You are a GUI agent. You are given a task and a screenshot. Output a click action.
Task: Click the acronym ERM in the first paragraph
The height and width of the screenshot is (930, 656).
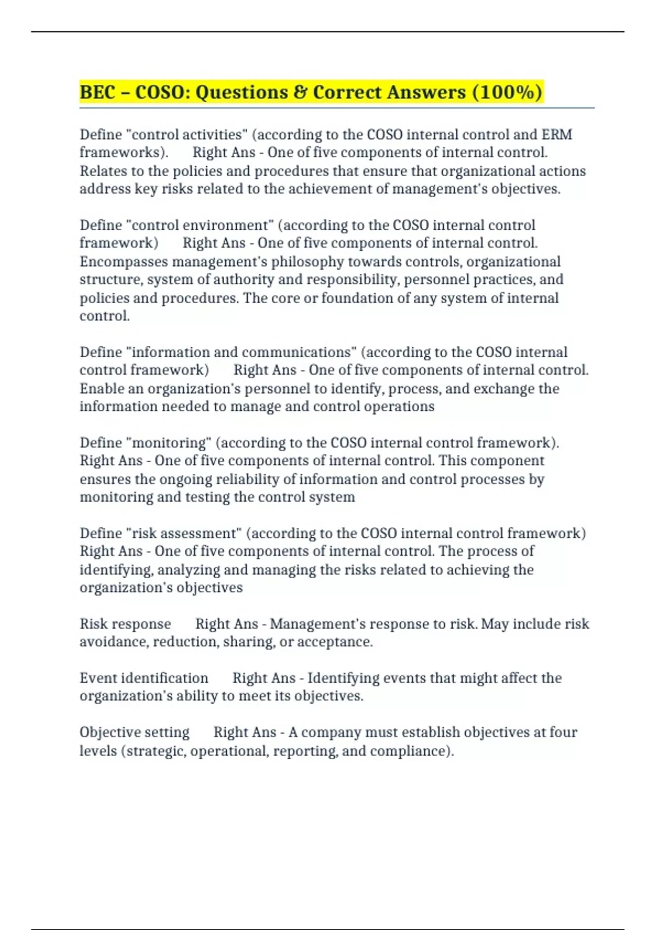(557, 135)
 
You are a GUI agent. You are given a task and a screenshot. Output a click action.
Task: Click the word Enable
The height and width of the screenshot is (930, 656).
(101, 388)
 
